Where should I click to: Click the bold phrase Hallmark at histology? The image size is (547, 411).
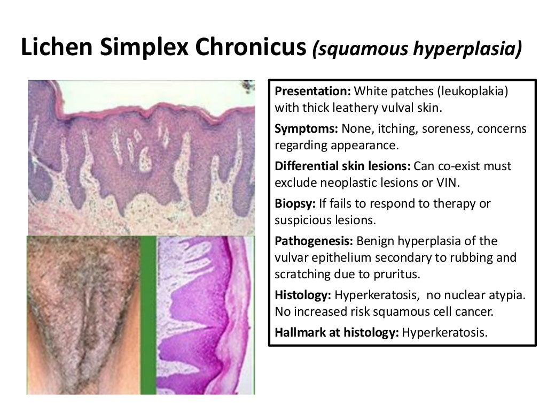point(337,332)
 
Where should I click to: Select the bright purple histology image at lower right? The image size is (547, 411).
point(206,316)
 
